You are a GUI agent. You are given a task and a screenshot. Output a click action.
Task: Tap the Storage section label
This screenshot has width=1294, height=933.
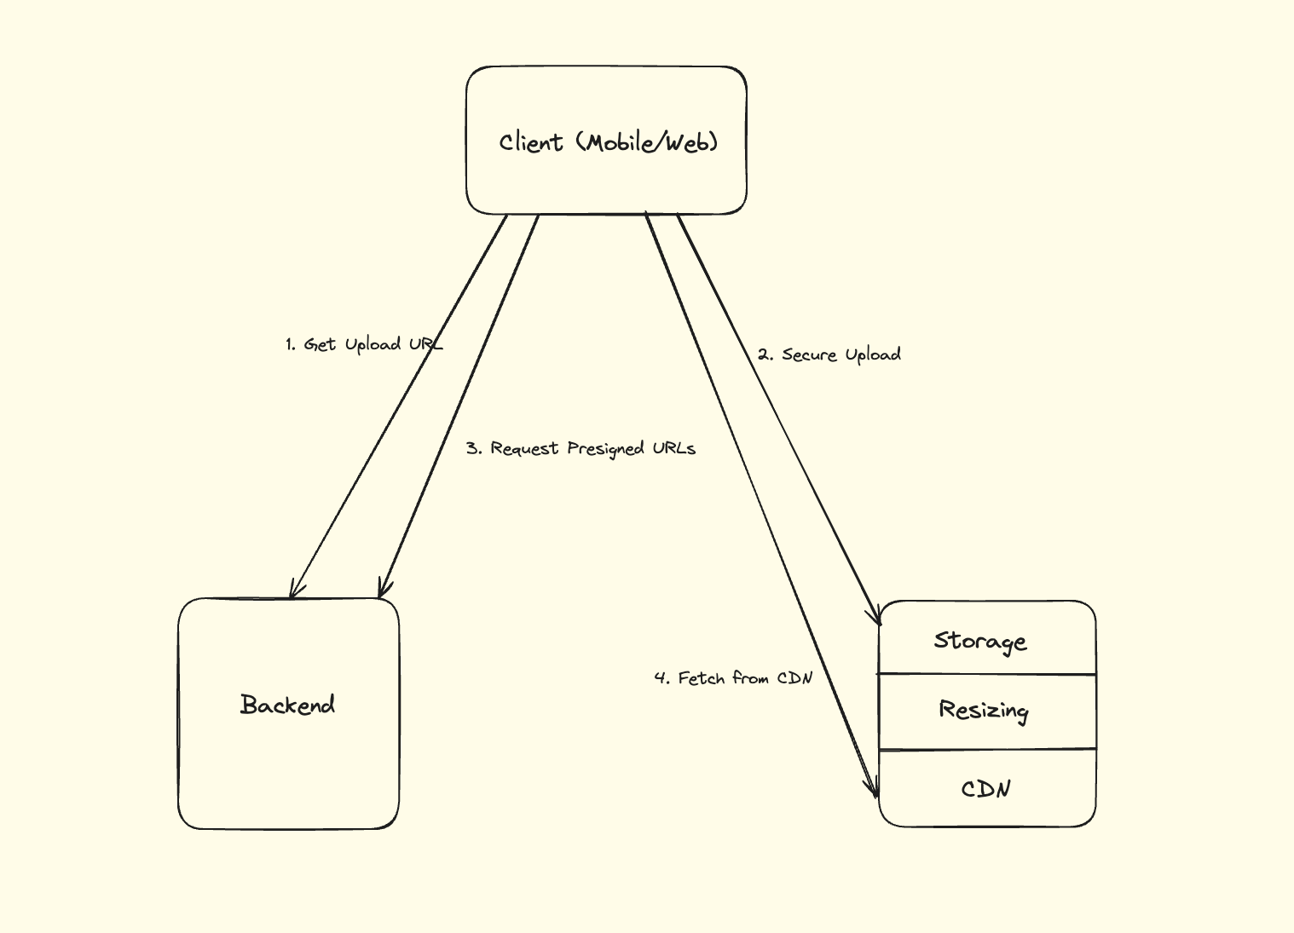[980, 641]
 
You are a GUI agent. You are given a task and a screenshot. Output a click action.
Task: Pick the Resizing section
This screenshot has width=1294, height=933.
[984, 711]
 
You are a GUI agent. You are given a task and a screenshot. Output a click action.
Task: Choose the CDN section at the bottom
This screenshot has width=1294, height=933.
[986, 789]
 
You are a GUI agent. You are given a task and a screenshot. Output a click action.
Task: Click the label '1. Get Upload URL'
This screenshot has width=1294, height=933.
[364, 344]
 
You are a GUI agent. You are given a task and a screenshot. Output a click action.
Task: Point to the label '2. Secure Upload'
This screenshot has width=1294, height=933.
[829, 354]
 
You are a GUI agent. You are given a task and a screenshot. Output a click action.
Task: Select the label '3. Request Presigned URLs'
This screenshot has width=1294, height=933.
[581, 448]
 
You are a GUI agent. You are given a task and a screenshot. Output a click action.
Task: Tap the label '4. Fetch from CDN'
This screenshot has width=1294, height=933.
[733, 678]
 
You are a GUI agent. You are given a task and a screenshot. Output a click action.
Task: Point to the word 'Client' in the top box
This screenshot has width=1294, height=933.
[531, 142]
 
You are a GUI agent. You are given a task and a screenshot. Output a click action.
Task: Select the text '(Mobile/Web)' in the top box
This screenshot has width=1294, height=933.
[648, 142]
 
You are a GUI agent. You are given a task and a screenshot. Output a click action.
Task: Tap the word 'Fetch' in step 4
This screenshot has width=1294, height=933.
[702, 678]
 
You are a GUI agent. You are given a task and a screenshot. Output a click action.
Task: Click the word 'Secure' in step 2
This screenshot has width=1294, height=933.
[810, 354]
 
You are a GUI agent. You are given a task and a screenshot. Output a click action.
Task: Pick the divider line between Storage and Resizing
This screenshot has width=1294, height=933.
[987, 674]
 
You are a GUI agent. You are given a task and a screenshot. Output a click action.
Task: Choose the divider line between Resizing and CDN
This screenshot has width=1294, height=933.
[987, 750]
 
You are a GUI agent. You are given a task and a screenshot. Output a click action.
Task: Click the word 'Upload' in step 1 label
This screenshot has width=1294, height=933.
[373, 344]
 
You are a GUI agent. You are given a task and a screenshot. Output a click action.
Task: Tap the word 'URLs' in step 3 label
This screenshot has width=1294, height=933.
[674, 448]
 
